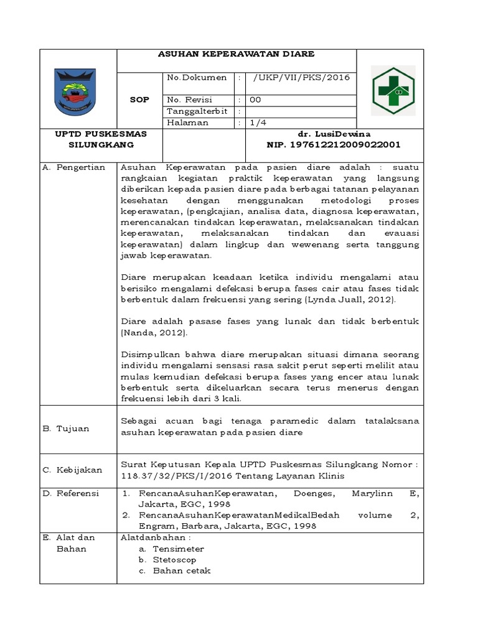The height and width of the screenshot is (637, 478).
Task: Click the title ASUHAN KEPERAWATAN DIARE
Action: click(237, 54)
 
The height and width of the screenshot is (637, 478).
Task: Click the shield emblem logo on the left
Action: click(78, 90)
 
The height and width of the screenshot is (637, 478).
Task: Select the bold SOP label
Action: click(139, 100)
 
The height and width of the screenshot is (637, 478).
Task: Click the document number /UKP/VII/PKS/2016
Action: click(301, 78)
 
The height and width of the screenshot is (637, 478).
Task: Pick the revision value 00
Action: click(256, 100)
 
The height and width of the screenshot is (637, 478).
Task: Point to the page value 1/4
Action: click(257, 123)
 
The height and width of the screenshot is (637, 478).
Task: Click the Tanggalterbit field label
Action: click(197, 111)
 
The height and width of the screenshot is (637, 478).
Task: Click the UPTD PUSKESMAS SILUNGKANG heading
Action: click(78, 139)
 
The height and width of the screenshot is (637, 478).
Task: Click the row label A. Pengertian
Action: click(73, 168)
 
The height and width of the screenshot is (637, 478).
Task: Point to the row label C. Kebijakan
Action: click(72, 470)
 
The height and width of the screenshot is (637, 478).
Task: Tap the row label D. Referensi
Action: click(72, 493)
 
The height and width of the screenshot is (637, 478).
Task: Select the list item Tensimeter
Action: click(179, 549)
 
